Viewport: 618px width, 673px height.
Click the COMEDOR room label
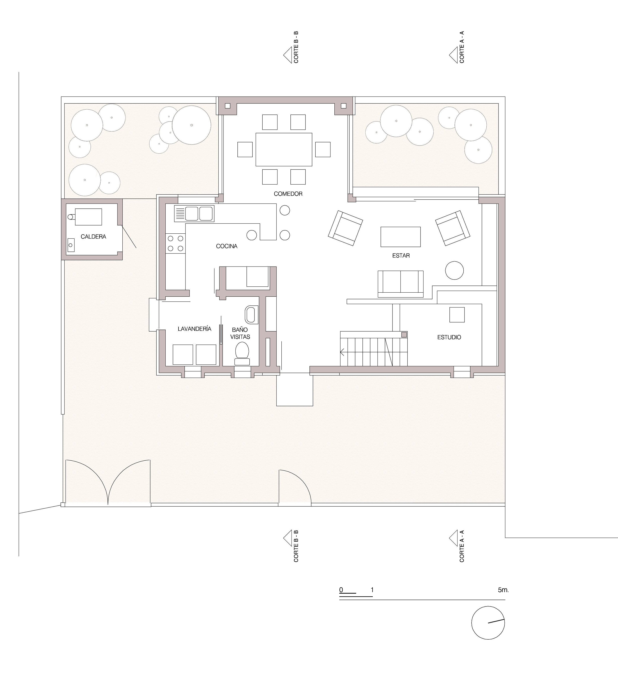(288, 194)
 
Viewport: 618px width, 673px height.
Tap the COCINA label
(227, 246)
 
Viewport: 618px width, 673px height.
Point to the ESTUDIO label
(449, 337)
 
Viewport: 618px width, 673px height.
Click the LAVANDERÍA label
(194, 329)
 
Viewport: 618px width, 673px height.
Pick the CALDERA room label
(93, 237)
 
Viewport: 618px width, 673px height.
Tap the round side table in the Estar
(454, 270)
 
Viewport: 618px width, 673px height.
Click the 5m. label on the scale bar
(503, 590)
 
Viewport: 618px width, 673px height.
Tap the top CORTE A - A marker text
(462, 47)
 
